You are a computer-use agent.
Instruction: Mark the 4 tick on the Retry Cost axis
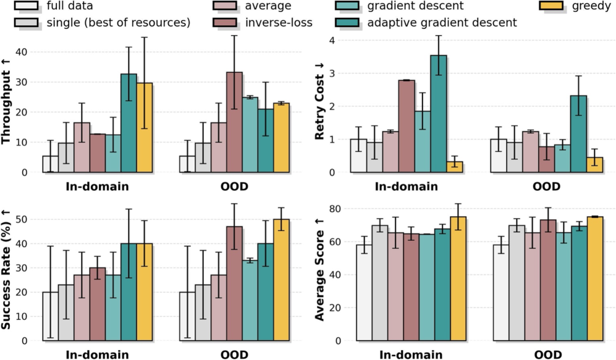click(335, 40)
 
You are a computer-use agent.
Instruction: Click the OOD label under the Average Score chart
click(547, 355)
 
